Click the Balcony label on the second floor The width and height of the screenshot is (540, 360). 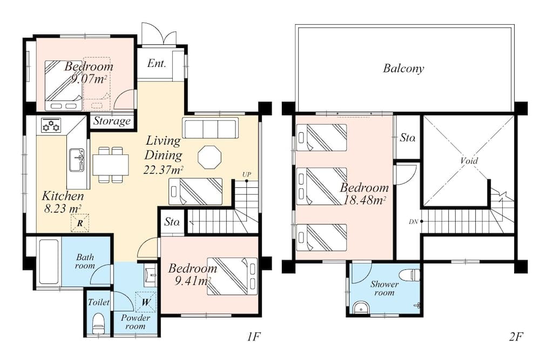tap(403, 69)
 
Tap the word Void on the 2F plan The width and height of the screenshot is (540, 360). tap(469, 161)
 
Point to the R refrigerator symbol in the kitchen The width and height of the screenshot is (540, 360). tap(80, 222)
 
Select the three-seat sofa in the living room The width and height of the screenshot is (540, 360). tap(210, 128)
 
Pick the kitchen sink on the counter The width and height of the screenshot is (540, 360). tap(77, 160)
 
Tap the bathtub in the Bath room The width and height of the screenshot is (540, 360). tap(49, 262)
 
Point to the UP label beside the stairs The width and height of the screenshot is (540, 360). tap(246, 174)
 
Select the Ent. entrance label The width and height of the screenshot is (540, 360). tap(156, 64)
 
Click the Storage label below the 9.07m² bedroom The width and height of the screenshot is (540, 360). tap(112, 121)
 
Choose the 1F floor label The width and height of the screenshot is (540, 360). tap(254, 338)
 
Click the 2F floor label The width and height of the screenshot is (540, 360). tap(516, 338)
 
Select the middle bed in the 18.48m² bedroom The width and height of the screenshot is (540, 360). tap(322, 186)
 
